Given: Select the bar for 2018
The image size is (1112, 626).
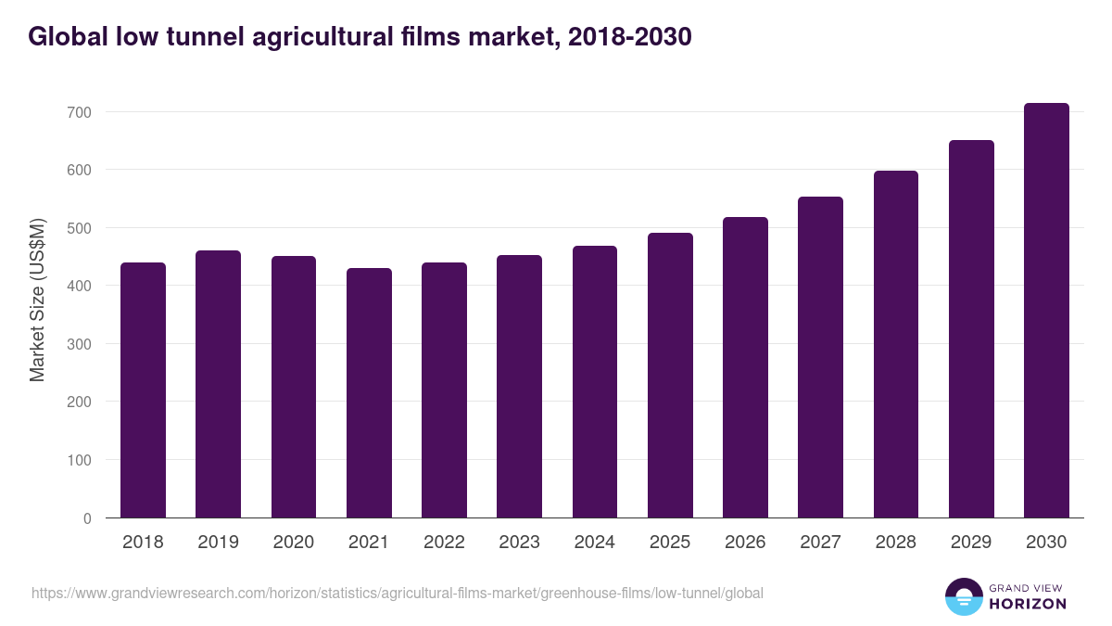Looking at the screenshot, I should pyautogui.click(x=143, y=390).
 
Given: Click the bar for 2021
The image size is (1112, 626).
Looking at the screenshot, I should pyautogui.click(x=369, y=393).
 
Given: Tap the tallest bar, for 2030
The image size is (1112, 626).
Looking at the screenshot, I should pyautogui.click(x=1046, y=311).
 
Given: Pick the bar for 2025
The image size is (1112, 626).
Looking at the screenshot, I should pyautogui.click(x=670, y=376).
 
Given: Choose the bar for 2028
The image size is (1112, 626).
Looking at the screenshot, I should pyautogui.click(x=896, y=344).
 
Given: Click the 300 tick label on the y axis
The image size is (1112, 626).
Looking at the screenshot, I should pyautogui.click(x=79, y=344).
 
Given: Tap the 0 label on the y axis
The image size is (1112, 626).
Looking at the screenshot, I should pyautogui.click(x=87, y=518).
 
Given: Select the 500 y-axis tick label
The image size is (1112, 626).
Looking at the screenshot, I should pyautogui.click(x=79, y=228).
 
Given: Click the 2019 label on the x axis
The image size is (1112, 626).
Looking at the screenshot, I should pyautogui.click(x=218, y=543).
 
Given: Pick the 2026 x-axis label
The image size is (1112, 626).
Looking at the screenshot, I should pyautogui.click(x=745, y=543).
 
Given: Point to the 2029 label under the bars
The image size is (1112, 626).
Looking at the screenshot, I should pyautogui.click(x=971, y=543).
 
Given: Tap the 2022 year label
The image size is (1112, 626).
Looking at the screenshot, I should pyautogui.click(x=444, y=543).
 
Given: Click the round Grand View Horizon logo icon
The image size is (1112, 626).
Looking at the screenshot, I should pyautogui.click(x=963, y=596).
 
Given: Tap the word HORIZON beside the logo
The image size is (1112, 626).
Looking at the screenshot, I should pyautogui.click(x=1029, y=604).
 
